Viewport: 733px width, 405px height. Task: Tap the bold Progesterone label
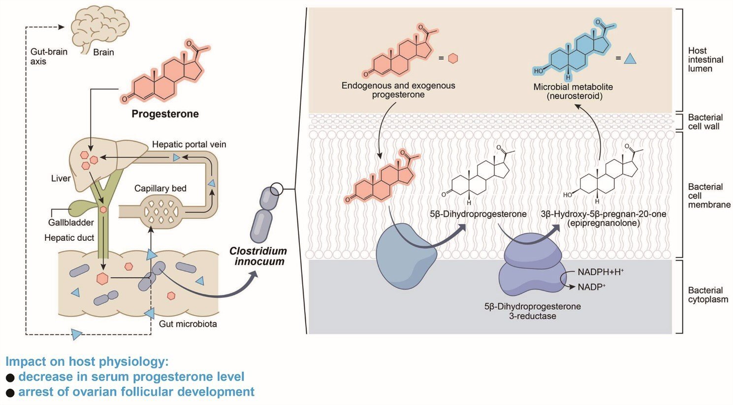tap(165, 114)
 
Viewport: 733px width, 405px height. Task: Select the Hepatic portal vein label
tap(189, 145)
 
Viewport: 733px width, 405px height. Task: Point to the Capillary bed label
tap(160, 188)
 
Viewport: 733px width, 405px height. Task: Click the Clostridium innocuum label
tap(258, 256)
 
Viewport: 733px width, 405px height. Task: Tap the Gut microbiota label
tap(188, 324)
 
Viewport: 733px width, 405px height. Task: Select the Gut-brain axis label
tap(49, 57)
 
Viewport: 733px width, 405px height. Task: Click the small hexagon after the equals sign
tap(453, 58)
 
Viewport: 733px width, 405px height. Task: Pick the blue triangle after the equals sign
tap(630, 59)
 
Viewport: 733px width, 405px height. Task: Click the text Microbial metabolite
tap(573, 87)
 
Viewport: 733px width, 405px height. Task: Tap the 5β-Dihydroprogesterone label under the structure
tap(478, 214)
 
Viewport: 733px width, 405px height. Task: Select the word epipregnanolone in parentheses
tap(604, 223)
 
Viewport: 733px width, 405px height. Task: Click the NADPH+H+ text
tap(601, 272)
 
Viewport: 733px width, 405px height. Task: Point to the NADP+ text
tap(592, 287)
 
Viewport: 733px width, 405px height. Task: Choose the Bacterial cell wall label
tap(705, 122)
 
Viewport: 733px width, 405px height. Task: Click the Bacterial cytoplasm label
tap(708, 295)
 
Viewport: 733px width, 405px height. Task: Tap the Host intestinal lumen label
tap(705, 60)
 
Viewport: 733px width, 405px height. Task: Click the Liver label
tap(61, 178)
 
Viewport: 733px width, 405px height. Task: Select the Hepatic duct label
tap(69, 238)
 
